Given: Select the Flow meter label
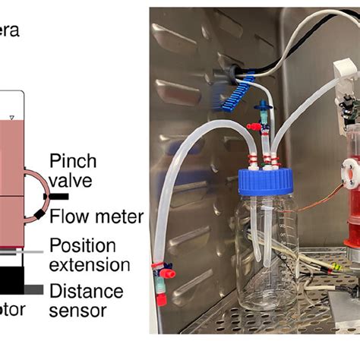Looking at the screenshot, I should click(96, 217).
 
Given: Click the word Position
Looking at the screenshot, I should click(82, 245).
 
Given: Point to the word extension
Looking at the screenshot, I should click(88, 264).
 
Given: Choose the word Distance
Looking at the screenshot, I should click(86, 290).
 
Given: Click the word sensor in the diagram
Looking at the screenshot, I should click(77, 310).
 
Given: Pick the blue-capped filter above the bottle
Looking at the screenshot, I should click(264, 119).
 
